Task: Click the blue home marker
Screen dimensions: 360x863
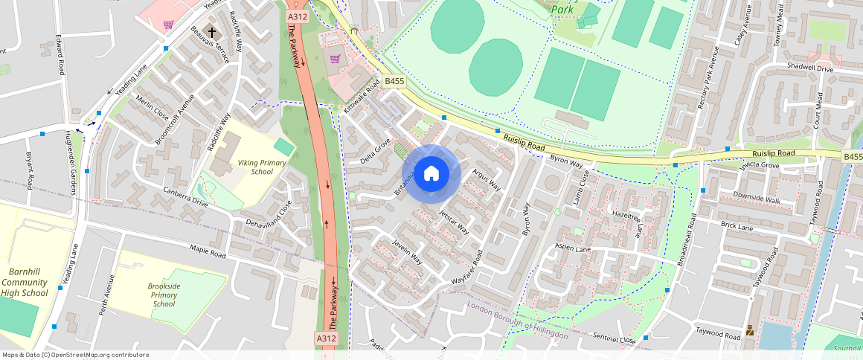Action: [431, 173]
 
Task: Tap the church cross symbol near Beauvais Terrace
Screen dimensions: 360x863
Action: [212, 33]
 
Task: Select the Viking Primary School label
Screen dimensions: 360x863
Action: [251, 167]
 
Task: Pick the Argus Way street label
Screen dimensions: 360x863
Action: [487, 181]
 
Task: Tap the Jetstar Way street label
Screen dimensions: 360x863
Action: [454, 222]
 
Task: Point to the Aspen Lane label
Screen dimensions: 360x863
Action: [572, 248]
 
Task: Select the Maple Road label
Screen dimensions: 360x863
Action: [207, 253]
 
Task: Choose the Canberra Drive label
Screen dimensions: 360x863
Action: [185, 196]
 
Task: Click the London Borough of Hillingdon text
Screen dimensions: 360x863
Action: [518, 321]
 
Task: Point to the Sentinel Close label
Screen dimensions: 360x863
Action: [615, 338]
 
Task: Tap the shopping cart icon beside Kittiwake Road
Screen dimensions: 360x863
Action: [336, 58]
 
